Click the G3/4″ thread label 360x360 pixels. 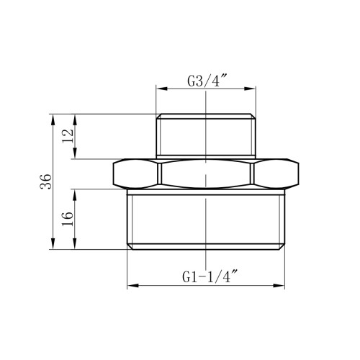coord(207,81)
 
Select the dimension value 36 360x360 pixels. coord(46,181)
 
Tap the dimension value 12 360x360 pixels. coord(68,136)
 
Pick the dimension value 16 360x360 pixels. coord(68,219)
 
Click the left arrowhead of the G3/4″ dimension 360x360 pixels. coord(161,89)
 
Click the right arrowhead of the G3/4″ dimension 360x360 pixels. coord(250,89)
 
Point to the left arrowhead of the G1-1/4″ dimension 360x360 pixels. coord(133,286)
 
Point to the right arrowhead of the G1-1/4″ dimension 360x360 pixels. coord(279,286)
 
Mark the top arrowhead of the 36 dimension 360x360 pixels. coord(53,120)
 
